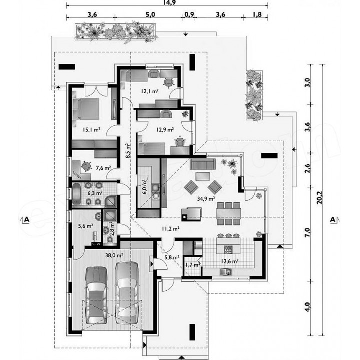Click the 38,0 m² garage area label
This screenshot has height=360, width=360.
click(x=114, y=255)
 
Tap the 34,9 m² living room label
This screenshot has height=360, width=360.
click(x=206, y=199)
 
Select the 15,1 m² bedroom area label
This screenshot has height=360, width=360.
click(x=91, y=130)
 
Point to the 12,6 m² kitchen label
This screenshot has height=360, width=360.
click(x=230, y=261)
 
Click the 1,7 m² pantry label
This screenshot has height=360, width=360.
click(x=193, y=265)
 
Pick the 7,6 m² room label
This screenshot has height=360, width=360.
click(x=103, y=168)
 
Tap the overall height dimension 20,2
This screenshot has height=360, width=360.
click(x=319, y=198)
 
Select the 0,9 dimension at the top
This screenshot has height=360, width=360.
click(x=189, y=14)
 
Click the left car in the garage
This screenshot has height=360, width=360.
click(x=96, y=295)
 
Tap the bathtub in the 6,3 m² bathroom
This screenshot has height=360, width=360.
click(x=76, y=194)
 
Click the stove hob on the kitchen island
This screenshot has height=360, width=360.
click(x=228, y=249)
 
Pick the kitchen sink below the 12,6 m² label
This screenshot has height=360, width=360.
click(x=226, y=272)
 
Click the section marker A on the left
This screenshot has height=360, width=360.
click(x=27, y=219)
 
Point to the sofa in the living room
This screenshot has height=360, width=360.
click(x=202, y=164)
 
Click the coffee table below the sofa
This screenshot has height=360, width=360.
click(x=203, y=176)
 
